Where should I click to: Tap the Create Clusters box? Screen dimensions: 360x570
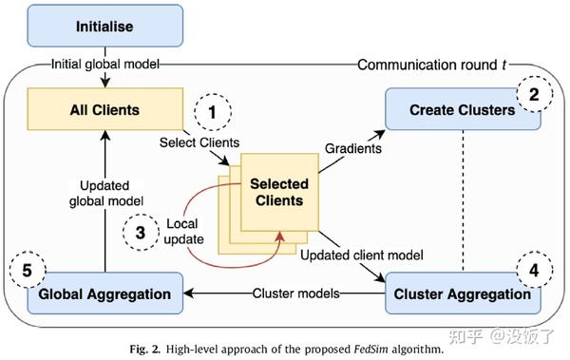coord(464,110)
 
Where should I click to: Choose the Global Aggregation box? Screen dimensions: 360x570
coord(104,294)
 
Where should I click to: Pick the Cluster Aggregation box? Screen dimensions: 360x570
coord(462,294)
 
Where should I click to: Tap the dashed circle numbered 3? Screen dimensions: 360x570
coord(141,232)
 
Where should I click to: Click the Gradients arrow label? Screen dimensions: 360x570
coord(353,151)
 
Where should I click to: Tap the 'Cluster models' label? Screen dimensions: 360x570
coord(297,294)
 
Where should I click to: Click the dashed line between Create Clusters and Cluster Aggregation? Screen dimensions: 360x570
coord(463,199)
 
